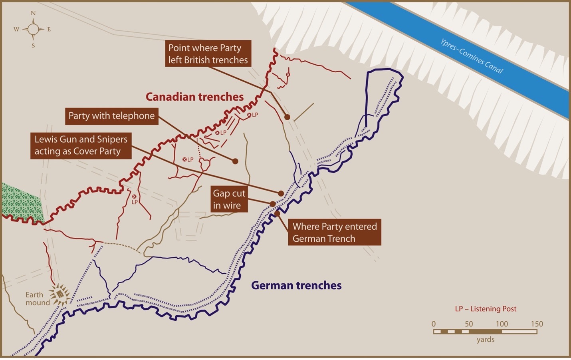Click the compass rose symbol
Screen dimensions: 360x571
(x=33, y=29)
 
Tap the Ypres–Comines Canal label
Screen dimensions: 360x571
(x=471, y=56)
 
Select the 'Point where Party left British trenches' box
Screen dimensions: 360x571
(x=208, y=54)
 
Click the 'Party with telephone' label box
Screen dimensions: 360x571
(x=111, y=116)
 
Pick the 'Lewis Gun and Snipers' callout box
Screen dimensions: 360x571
(x=81, y=145)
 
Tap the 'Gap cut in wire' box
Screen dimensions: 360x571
(x=229, y=199)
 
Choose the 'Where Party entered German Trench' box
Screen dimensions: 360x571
(x=335, y=232)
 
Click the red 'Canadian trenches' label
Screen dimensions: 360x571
(x=194, y=97)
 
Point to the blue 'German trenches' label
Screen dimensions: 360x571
(x=296, y=285)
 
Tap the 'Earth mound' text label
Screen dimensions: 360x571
(x=38, y=298)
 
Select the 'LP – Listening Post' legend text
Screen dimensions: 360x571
(x=486, y=309)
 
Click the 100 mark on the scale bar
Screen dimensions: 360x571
(x=502, y=324)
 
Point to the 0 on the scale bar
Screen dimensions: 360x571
(x=434, y=324)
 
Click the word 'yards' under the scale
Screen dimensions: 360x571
(x=485, y=340)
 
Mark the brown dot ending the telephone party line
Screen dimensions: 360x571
(x=235, y=161)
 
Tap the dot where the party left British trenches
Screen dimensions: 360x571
(x=287, y=117)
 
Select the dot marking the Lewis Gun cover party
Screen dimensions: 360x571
(x=281, y=193)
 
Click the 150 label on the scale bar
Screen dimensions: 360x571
(x=537, y=324)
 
